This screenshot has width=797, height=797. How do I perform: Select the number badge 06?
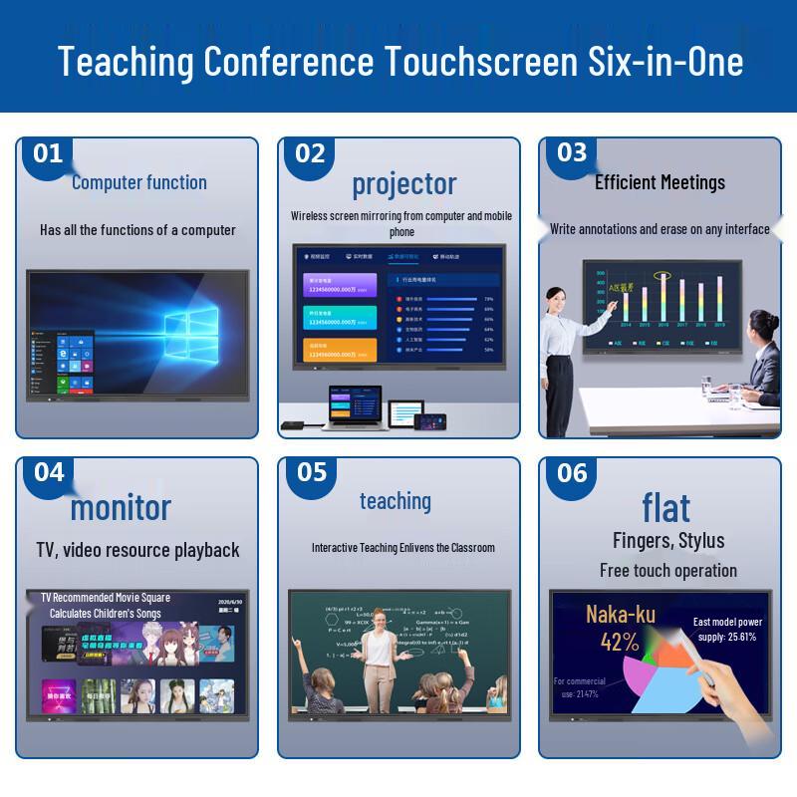572,472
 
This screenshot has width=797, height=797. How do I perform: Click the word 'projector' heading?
403,184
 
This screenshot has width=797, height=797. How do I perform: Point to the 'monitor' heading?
121,507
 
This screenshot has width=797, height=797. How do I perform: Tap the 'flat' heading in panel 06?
665,507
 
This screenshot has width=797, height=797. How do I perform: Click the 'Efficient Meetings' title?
660,182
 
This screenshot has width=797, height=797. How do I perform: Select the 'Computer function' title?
139,182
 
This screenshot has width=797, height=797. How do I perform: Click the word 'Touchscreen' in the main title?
472,62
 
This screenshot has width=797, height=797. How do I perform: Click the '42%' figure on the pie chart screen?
619,643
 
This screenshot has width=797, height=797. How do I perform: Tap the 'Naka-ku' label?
620,614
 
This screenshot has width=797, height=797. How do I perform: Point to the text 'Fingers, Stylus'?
668,541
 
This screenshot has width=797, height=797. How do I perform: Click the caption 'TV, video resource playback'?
137,550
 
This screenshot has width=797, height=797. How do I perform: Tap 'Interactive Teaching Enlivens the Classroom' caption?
402,548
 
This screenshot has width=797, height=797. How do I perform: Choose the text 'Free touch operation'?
668,571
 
